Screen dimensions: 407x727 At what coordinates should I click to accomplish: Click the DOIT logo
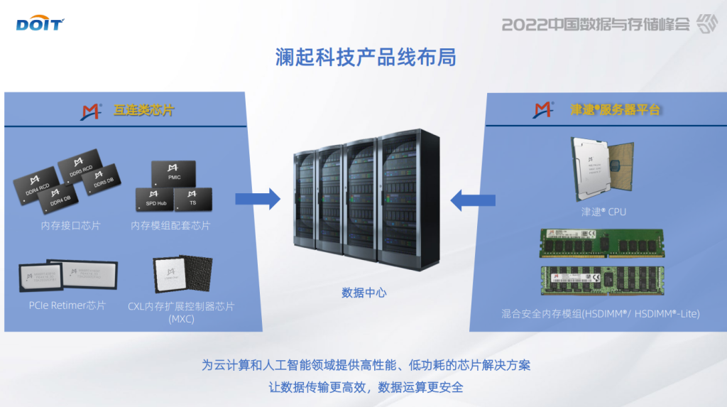(40, 25)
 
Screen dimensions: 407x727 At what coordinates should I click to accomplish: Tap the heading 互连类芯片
(143, 110)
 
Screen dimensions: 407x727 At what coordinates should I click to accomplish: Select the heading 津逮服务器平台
(615, 110)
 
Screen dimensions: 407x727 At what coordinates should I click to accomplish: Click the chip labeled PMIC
(174, 175)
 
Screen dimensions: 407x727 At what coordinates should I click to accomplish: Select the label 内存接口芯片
(70, 226)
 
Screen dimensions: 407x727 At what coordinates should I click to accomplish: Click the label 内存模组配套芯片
(170, 226)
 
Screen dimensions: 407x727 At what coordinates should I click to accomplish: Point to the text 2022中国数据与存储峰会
(596, 24)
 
